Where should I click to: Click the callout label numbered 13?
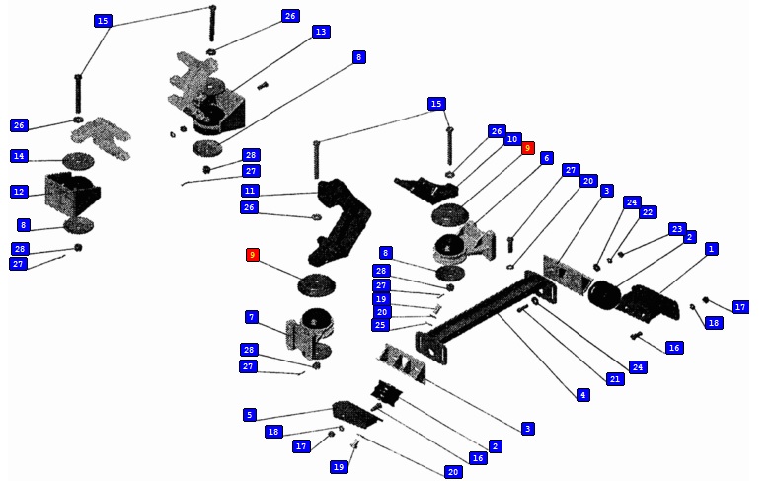[320, 32]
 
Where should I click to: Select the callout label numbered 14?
[20, 156]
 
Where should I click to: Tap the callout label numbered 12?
[20, 192]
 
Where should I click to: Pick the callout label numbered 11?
[250, 190]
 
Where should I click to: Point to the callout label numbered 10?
[512, 139]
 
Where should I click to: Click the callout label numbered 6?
[547, 158]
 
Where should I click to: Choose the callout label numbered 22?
[648, 212]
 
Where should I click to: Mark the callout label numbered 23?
[677, 228]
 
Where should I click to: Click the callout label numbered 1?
[711, 249]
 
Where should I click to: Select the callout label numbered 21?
[615, 379]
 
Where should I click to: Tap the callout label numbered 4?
[582, 395]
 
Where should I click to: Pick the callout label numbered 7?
[252, 317]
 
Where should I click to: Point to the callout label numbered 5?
[250, 415]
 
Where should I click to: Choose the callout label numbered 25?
[381, 325]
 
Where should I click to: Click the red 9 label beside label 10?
[528, 148]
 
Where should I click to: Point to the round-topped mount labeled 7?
[314, 331]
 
